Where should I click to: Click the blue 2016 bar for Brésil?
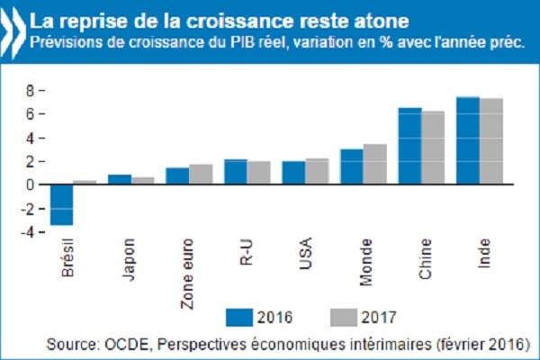pyautogui.click(x=61, y=204)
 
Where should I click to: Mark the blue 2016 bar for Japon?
pyautogui.click(x=120, y=179)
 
